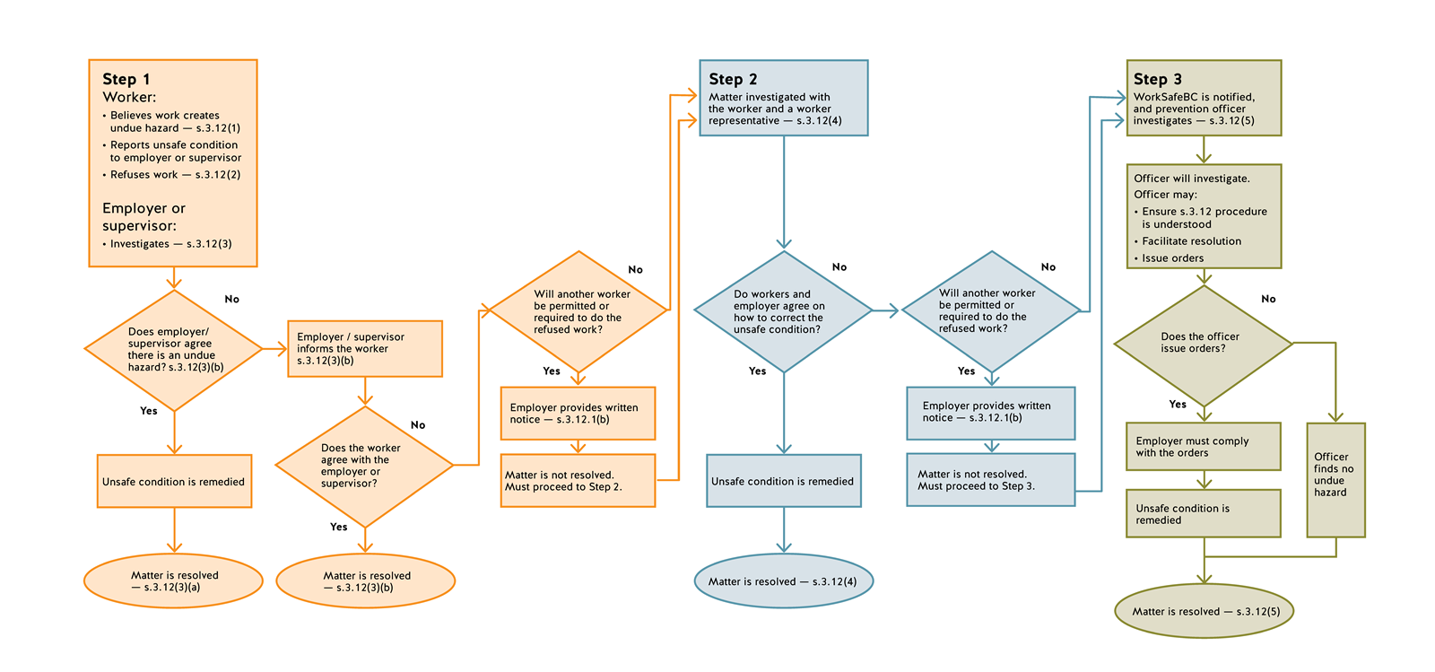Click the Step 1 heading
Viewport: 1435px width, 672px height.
tap(126, 79)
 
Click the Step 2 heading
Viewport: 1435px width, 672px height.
tap(733, 79)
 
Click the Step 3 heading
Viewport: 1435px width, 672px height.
tap(1157, 79)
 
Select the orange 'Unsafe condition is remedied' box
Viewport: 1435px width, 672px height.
tap(174, 482)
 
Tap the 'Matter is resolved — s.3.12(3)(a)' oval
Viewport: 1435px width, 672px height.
tap(173, 581)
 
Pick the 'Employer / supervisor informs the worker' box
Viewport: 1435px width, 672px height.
tap(364, 348)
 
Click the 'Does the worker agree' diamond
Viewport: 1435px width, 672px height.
tap(363, 466)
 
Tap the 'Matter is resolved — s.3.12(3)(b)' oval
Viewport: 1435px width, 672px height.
tap(365, 581)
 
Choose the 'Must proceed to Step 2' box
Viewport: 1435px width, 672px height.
tap(578, 481)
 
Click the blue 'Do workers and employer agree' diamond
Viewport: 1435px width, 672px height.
tap(782, 311)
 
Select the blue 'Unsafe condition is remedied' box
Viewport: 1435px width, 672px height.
tap(783, 481)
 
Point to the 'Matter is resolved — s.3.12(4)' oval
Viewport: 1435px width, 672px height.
tap(783, 581)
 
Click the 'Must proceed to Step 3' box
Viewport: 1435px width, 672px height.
tap(990, 480)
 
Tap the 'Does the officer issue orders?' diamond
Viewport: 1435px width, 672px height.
tap(1202, 343)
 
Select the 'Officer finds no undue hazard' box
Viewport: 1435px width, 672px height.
tap(1335, 476)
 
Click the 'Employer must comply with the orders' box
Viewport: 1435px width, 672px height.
tap(1202, 447)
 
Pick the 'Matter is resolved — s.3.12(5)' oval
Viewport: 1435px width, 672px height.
tap(1204, 612)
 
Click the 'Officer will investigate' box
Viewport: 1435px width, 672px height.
tap(1203, 217)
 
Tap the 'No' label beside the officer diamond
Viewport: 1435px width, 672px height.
tap(1268, 299)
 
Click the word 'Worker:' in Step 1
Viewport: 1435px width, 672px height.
tap(129, 97)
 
